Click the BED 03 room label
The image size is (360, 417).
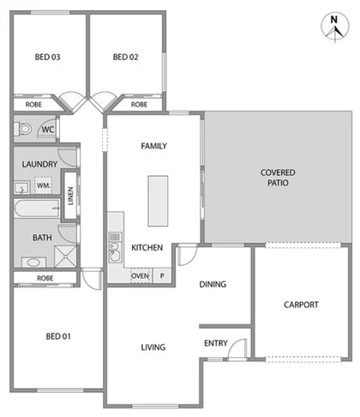tap(46, 57)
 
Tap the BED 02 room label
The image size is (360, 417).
tap(125, 57)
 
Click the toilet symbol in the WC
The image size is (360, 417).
tap(25, 130)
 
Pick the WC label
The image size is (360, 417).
tap(48, 130)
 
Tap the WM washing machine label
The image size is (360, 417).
tap(42, 184)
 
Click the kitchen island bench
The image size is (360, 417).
tap(157, 199)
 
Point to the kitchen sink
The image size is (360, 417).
tap(114, 250)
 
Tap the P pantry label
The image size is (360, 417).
tap(161, 276)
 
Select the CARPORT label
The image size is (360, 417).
tap(301, 305)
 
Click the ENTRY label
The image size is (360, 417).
tap(216, 343)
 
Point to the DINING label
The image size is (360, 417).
tap(213, 285)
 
